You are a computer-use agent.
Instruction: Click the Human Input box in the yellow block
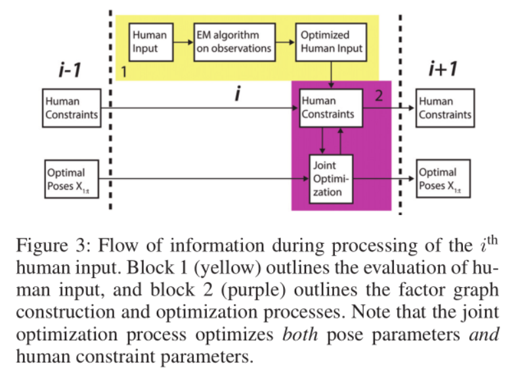point(149,42)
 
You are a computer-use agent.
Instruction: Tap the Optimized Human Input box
point(331,42)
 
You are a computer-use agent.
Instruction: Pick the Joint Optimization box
point(331,179)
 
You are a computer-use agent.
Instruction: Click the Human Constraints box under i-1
point(72,108)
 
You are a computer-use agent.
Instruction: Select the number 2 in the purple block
point(378,96)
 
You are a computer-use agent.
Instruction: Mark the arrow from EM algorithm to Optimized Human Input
point(284,42)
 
